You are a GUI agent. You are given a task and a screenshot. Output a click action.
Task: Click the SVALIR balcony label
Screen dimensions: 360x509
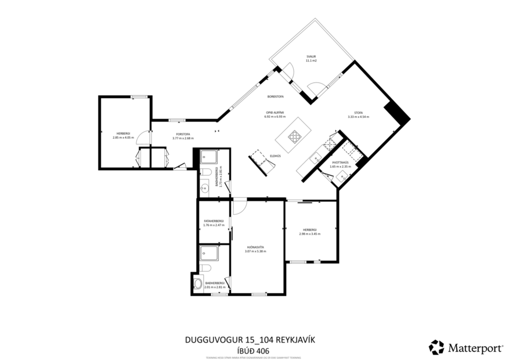tap(311, 56)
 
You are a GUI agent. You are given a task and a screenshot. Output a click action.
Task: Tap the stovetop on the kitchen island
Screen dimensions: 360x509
tap(295, 138)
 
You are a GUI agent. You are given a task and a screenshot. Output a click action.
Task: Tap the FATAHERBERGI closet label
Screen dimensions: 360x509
tap(214, 221)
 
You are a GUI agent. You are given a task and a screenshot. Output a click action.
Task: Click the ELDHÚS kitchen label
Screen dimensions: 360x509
tap(276, 156)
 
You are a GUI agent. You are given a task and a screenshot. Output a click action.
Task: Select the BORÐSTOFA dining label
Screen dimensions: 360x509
tap(275, 96)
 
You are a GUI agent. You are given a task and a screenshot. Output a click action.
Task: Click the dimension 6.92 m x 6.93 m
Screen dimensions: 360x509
tap(275, 117)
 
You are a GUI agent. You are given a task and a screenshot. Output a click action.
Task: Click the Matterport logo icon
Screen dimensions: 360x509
tap(436, 347)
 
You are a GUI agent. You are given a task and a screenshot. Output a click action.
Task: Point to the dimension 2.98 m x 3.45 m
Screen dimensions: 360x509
tap(311, 234)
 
